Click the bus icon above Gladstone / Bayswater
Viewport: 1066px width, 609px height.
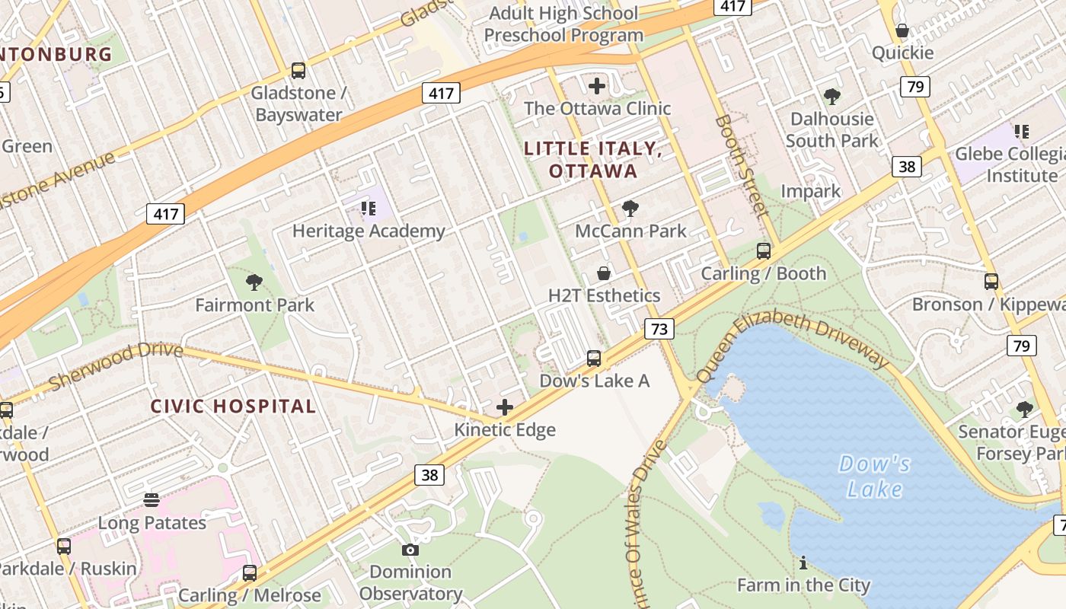click(298, 71)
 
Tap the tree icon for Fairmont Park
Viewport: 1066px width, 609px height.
click(254, 282)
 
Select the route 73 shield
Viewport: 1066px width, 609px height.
click(659, 329)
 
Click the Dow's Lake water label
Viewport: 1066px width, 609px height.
click(874, 476)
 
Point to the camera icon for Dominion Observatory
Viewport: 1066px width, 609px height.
click(410, 550)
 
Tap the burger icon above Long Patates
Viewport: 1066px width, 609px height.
click(152, 500)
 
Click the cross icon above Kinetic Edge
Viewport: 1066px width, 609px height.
click(504, 408)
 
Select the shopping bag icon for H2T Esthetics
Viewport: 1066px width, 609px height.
click(604, 273)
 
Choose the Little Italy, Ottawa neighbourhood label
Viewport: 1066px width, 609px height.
click(593, 160)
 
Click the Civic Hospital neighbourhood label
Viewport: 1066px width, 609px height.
click(233, 407)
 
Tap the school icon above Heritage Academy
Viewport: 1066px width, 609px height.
click(369, 209)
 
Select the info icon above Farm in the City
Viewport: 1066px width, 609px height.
click(803, 563)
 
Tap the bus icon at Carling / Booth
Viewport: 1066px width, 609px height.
click(763, 251)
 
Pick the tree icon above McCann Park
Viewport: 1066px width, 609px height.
click(630, 209)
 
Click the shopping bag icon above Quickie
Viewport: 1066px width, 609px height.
click(902, 30)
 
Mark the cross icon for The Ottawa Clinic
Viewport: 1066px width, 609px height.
click(597, 85)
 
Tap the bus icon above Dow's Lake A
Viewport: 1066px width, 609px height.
click(594, 358)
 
